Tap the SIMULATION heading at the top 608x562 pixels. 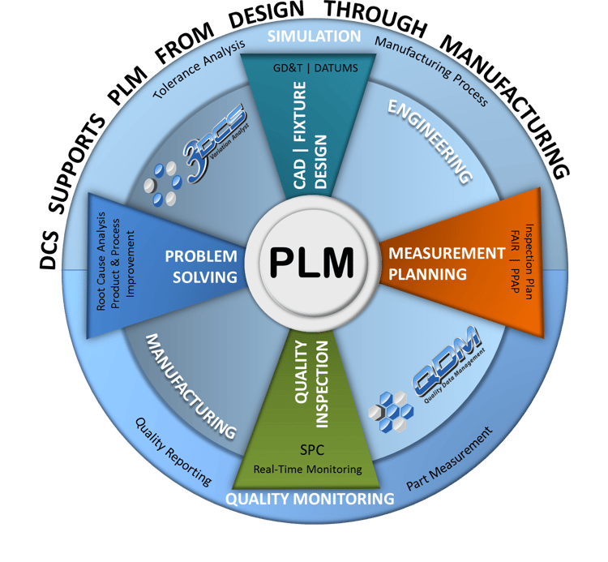(314, 36)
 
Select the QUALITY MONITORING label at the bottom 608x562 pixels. (310, 497)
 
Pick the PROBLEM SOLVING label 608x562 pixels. (201, 266)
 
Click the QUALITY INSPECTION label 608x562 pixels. (310, 371)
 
